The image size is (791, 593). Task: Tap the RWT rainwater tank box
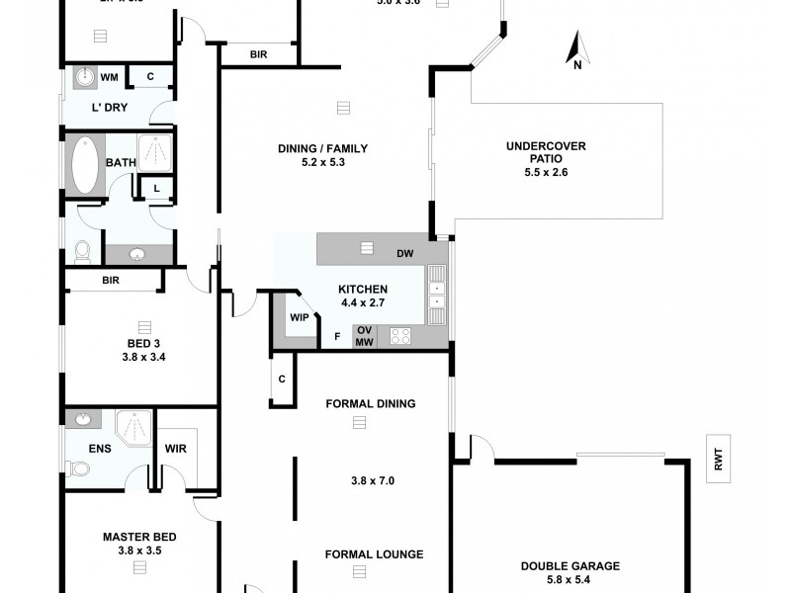coord(718,459)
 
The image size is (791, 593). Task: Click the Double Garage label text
coord(570,566)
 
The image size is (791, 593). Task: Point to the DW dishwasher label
coord(404,254)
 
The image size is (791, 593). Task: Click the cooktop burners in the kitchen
coord(400,336)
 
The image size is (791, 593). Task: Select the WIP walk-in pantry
coord(299,317)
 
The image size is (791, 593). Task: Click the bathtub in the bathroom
coord(85,166)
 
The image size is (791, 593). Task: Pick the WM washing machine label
coord(109,76)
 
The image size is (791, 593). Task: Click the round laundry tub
coord(83,77)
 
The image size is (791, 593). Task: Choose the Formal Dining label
coord(370,403)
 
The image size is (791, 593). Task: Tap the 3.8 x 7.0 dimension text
coord(373,481)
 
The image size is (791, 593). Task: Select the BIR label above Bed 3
coord(112,281)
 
